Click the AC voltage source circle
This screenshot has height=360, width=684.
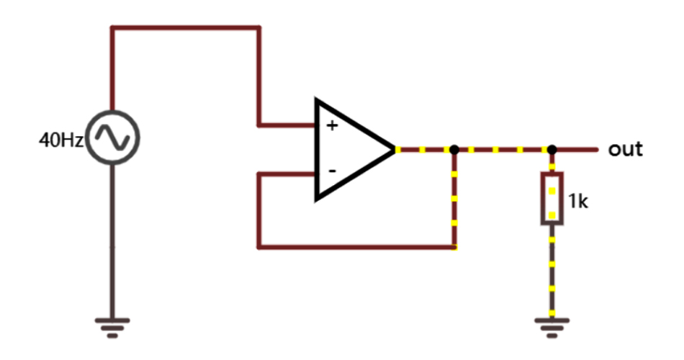click(x=112, y=138)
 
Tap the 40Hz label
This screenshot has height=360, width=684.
click(x=60, y=139)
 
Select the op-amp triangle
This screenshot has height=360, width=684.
click(x=349, y=150)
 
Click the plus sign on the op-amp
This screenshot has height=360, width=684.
click(x=332, y=126)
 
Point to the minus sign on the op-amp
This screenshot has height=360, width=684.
click(x=332, y=171)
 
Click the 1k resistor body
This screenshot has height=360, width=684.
click(x=552, y=199)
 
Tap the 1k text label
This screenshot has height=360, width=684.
click(x=579, y=202)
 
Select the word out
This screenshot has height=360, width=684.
click(x=625, y=150)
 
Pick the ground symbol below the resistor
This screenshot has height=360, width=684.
click(x=552, y=325)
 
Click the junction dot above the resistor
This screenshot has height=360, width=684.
click(x=552, y=150)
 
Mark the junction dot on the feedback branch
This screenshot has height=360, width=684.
click(x=454, y=150)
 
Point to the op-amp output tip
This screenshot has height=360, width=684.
click(x=395, y=150)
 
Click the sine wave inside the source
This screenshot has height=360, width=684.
click(x=112, y=138)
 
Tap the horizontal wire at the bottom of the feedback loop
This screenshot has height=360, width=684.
click(x=356, y=247)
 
